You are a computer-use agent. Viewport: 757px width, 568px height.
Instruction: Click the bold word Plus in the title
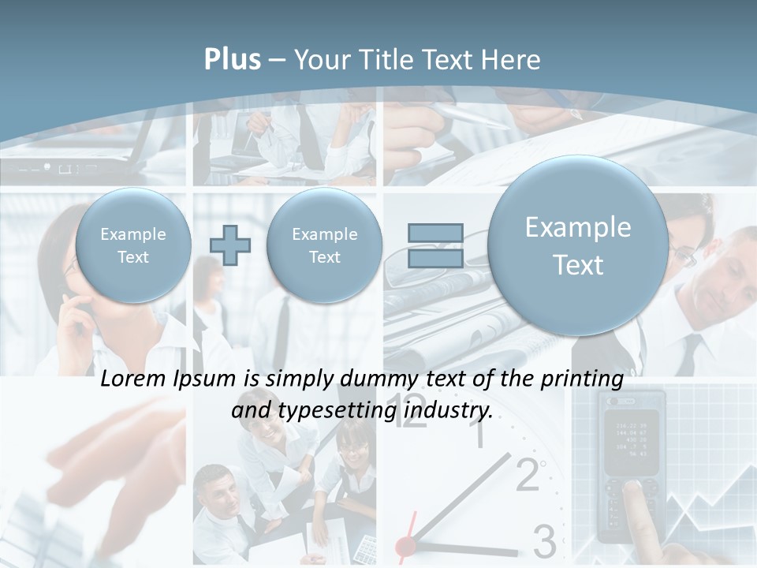232,60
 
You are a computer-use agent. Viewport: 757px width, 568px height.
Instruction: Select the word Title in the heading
386,60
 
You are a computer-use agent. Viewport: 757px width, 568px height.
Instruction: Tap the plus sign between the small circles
229,245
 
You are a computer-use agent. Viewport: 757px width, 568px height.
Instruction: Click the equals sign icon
435,245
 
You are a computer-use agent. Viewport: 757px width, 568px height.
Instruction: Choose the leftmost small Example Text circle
133,245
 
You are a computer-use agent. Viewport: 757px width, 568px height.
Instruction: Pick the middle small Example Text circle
324,245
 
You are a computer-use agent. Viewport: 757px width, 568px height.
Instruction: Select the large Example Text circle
578,245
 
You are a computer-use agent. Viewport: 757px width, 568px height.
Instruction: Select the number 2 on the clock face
528,476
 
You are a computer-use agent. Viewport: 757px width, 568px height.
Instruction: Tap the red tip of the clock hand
405,545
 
